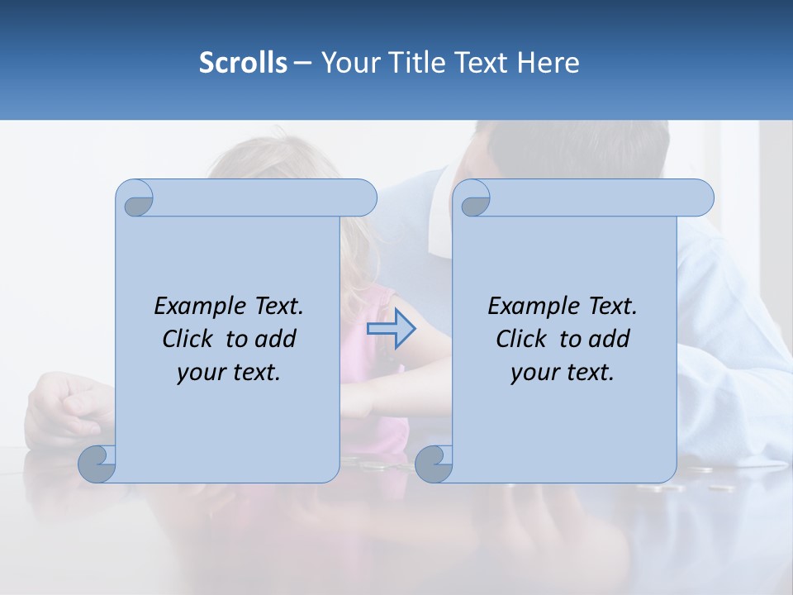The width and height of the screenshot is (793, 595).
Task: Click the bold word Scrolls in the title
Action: (x=244, y=63)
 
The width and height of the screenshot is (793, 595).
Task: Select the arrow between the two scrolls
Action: (x=391, y=329)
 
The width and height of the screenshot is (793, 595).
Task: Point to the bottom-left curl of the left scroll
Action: (x=97, y=464)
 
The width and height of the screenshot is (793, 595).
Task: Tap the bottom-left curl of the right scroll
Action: (x=433, y=464)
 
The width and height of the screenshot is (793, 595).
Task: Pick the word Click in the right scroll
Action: (x=522, y=340)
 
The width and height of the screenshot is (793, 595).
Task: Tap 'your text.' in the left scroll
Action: (x=229, y=373)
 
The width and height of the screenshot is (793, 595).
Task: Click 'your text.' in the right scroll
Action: (x=563, y=373)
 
